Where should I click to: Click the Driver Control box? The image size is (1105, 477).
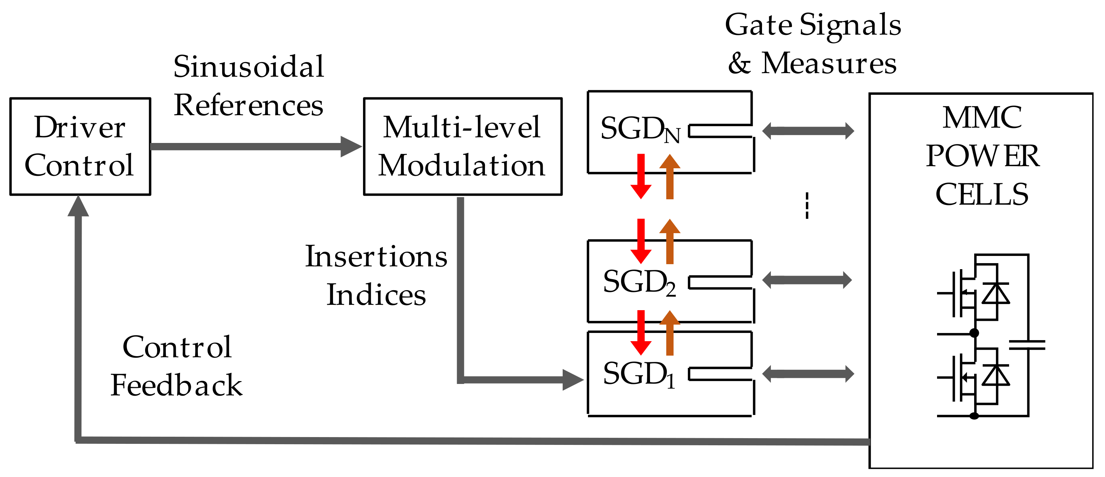coord(80,146)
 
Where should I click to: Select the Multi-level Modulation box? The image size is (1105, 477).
coord(462,146)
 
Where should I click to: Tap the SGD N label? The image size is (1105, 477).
coord(640,129)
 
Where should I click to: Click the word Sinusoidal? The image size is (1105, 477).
coord(249,67)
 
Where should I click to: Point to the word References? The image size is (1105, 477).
coord(249,105)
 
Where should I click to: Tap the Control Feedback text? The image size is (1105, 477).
coord(176,366)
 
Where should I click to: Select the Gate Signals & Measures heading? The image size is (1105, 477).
coord(813,44)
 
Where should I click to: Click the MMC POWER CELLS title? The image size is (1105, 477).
coord(982,156)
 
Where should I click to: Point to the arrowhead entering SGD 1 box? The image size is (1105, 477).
coord(573,380)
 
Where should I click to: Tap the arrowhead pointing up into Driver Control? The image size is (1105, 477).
coord(78,207)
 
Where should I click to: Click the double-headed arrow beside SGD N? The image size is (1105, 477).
coord(808,131)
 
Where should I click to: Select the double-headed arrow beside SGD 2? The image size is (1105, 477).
coord(807,280)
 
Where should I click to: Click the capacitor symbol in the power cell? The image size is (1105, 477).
coord(1027,345)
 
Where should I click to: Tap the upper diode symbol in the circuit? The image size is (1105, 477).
coord(996,293)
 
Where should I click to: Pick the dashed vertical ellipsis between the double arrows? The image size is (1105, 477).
coord(807,206)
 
